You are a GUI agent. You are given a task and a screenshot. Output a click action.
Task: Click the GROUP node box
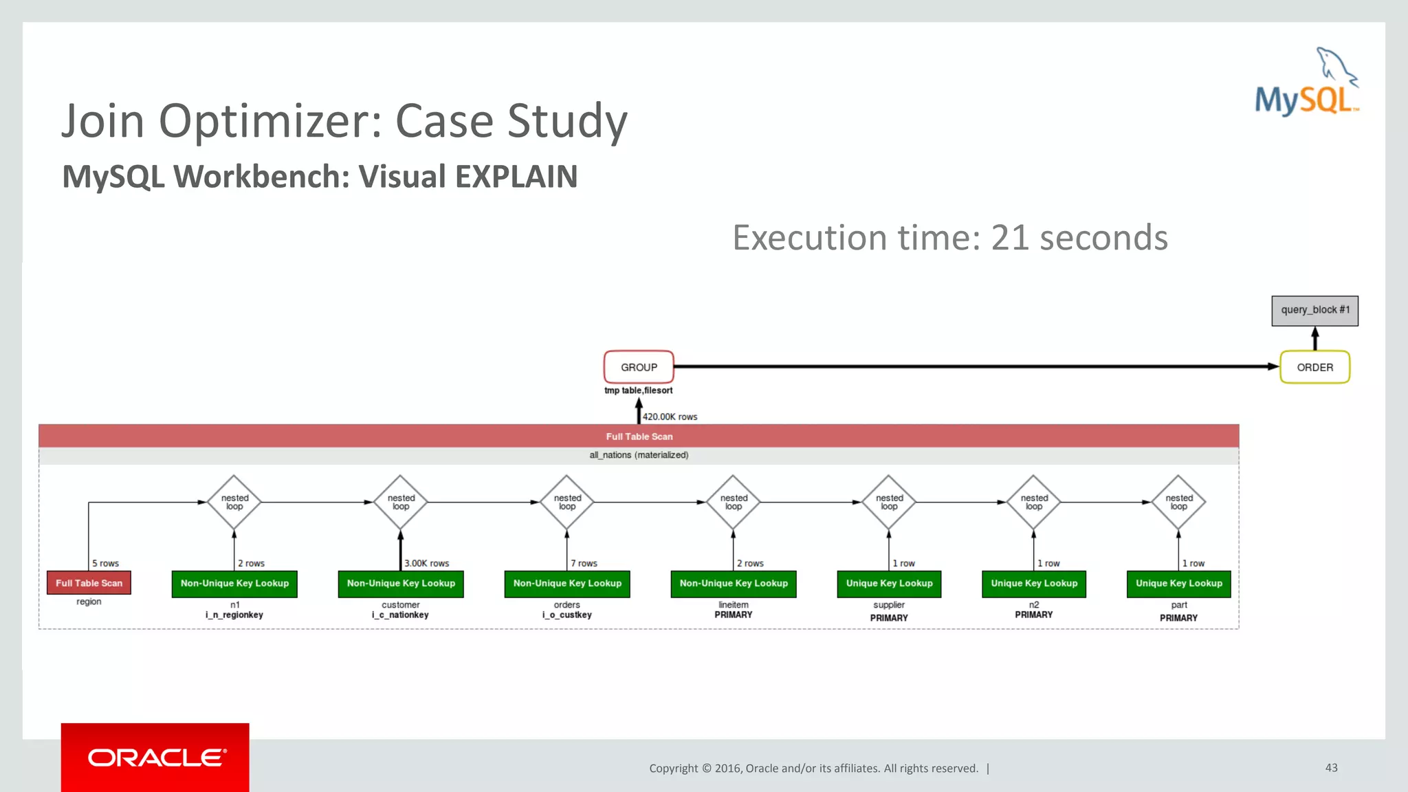click(x=639, y=367)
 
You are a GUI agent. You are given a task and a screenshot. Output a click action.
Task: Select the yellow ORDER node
click(x=1314, y=367)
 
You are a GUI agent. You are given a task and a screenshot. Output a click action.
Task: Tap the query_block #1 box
click(x=1314, y=310)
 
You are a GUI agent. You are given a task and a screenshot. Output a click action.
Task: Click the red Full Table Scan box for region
click(x=89, y=583)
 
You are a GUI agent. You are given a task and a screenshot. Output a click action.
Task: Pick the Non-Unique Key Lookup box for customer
click(x=401, y=584)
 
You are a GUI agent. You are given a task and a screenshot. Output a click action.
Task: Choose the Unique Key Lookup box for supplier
click(x=889, y=584)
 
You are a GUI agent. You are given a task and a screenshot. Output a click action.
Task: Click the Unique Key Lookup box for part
click(x=1178, y=584)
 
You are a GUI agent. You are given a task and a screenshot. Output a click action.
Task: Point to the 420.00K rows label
click(x=670, y=417)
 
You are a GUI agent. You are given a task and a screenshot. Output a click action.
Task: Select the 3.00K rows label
click(x=426, y=563)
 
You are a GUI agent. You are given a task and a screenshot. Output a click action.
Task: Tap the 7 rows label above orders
click(x=584, y=563)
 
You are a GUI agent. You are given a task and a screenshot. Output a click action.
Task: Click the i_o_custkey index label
click(x=566, y=615)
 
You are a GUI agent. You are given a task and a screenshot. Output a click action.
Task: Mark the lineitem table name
click(x=734, y=605)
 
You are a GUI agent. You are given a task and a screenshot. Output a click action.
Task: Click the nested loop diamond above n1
click(x=234, y=503)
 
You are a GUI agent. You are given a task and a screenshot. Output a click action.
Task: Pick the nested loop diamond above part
click(x=1178, y=503)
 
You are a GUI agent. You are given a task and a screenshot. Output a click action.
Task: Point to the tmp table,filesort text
click(x=638, y=390)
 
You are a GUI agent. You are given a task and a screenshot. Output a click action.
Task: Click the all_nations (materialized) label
click(x=639, y=455)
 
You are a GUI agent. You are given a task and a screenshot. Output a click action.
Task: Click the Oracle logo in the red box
click(x=156, y=758)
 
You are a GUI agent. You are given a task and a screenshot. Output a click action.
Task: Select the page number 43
click(x=1331, y=767)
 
